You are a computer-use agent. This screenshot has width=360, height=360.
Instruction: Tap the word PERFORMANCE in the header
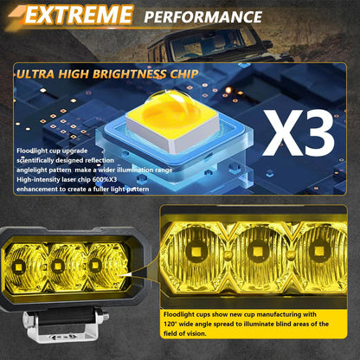203,16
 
